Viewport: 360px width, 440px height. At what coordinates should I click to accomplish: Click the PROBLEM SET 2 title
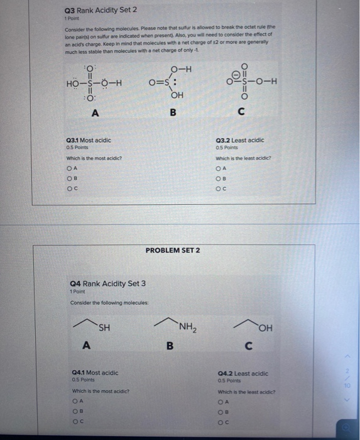(x=172, y=250)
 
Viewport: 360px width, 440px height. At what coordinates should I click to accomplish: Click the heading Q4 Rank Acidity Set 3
(x=108, y=283)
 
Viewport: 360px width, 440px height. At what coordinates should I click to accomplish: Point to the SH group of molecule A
(x=104, y=326)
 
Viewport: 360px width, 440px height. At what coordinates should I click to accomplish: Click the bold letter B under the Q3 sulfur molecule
(x=173, y=113)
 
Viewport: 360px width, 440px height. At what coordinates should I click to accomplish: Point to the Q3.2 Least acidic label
(x=240, y=140)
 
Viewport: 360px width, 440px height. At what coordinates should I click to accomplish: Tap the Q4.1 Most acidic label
(x=95, y=372)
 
